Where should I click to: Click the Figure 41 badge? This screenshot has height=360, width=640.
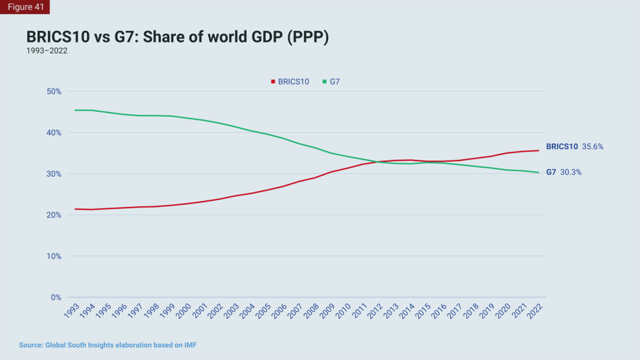[25, 7]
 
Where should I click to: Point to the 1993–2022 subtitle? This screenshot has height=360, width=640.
[46, 51]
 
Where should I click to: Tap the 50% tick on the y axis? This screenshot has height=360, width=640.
[53, 92]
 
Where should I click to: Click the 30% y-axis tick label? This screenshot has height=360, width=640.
[53, 174]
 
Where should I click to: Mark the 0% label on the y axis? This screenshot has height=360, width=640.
[56, 297]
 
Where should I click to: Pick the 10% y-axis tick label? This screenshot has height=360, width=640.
[53, 256]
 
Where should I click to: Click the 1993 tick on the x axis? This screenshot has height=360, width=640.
[71, 311]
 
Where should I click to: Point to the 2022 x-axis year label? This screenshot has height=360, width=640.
[536, 311]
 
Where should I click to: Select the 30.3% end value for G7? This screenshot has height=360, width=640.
[571, 172]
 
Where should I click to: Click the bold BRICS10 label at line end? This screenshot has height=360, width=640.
[562, 146]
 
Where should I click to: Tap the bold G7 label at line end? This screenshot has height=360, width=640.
[551, 172]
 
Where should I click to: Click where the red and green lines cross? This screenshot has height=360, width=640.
[379, 162]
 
